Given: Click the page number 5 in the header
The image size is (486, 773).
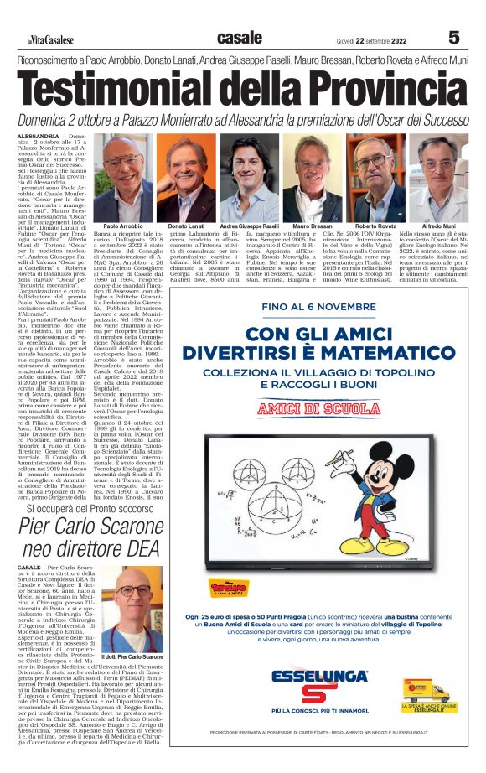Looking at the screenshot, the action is coord(454,38).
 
